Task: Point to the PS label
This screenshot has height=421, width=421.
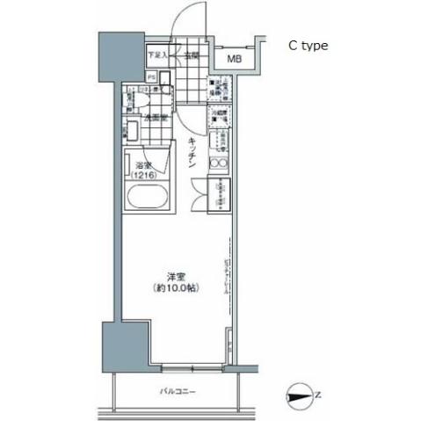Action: pos(151,76)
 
